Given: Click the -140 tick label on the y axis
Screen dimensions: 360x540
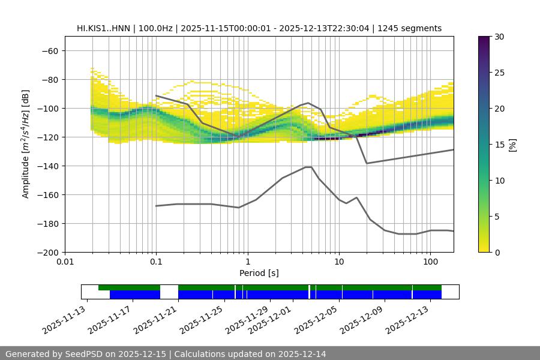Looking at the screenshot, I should pos(49,166).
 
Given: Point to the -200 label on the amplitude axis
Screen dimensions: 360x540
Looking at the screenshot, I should pos(49,252).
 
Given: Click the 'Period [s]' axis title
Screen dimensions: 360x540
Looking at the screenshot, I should pos(259,273).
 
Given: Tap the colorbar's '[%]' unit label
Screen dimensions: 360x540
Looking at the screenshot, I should pos(512,144).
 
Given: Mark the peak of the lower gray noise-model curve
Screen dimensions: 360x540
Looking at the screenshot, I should pos(308,167).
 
